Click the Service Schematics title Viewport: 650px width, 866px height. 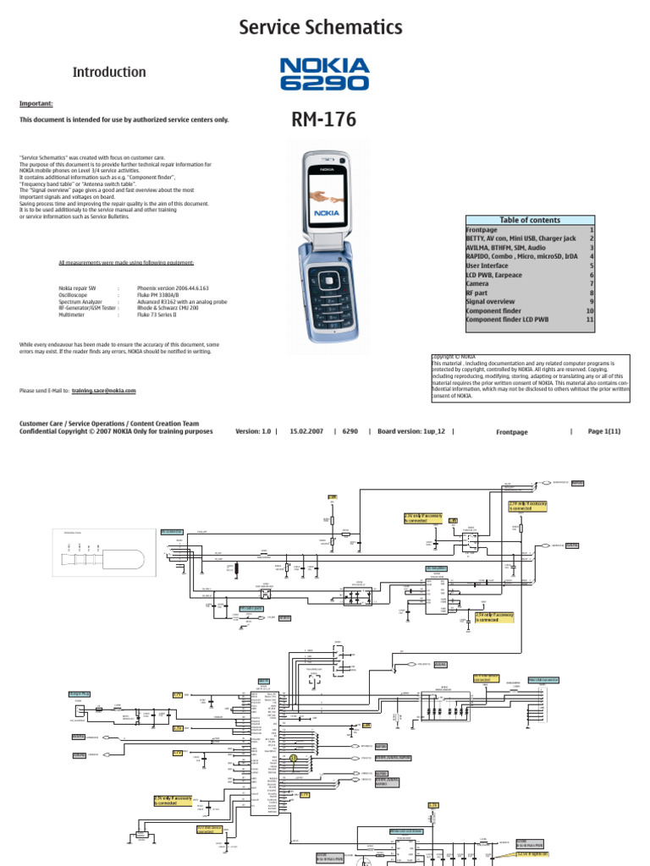(321, 28)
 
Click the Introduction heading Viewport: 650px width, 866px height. (109, 73)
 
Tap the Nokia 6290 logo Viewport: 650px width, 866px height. (324, 74)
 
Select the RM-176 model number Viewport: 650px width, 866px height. (324, 121)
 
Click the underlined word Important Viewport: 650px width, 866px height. (36, 104)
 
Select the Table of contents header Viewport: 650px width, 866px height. (530, 220)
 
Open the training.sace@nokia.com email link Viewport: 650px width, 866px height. (103, 392)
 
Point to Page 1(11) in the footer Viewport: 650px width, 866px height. (604, 431)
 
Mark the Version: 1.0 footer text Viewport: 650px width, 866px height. (252, 431)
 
